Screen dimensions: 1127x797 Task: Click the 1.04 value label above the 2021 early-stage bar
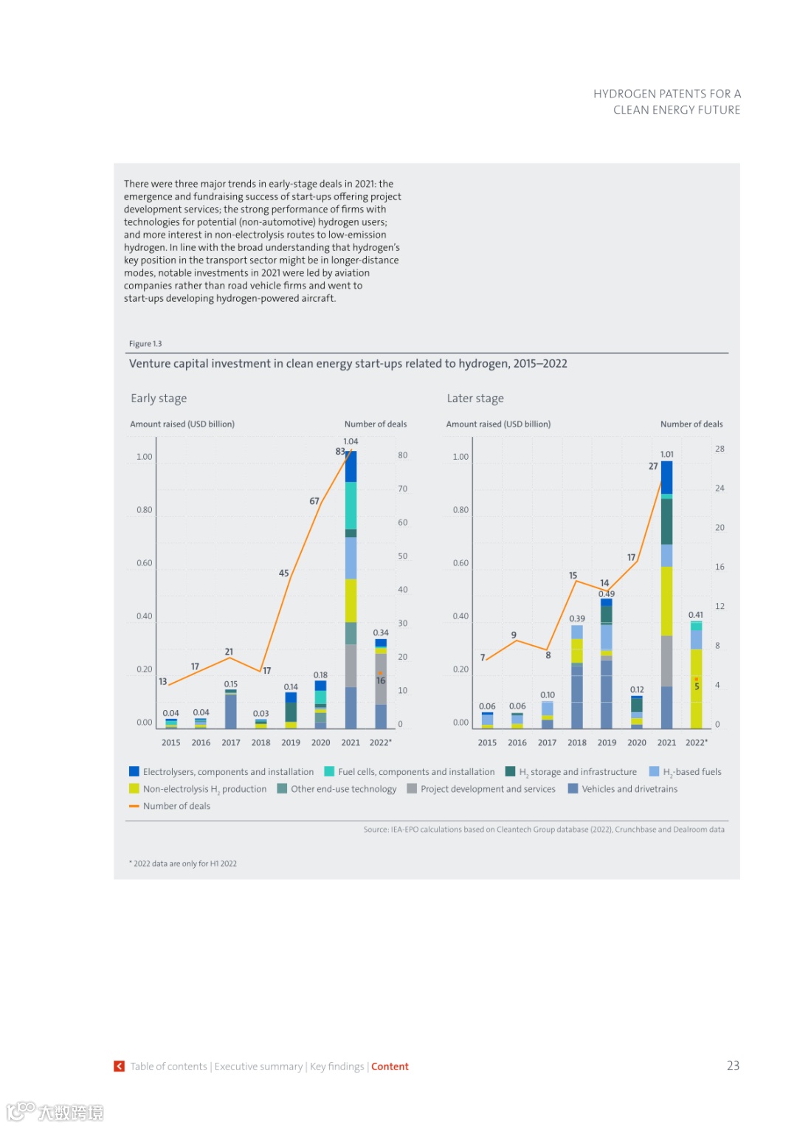pos(351,441)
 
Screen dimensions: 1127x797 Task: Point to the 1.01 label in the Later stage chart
pos(666,454)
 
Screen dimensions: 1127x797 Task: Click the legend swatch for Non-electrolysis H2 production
pos(134,789)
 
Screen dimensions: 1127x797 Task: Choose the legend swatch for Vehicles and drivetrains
pos(573,789)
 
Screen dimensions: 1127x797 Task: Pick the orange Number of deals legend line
pos(134,806)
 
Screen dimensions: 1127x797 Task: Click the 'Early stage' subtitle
pos(159,399)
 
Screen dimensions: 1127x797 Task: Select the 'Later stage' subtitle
pos(475,399)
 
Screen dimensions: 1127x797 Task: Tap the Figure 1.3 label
pos(145,344)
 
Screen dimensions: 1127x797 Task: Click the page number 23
pos(733,1066)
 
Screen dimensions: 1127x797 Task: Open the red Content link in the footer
pos(390,1066)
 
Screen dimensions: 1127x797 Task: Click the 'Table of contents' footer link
pos(169,1066)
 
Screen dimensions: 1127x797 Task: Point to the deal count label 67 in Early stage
pos(314,501)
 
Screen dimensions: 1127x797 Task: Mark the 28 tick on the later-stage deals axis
pos(720,449)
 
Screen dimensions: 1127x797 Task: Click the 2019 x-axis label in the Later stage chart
pos(607,742)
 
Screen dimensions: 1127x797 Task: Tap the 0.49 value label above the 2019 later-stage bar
pos(607,593)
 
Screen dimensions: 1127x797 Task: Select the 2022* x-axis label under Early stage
pos(381,742)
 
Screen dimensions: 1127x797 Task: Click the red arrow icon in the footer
pos(119,1066)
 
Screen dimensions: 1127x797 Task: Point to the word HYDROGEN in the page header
pos(624,94)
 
